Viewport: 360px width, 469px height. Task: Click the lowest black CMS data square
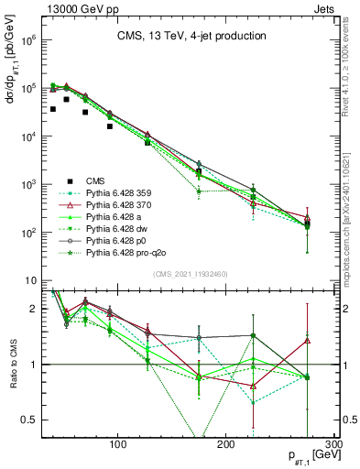click(x=110, y=126)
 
